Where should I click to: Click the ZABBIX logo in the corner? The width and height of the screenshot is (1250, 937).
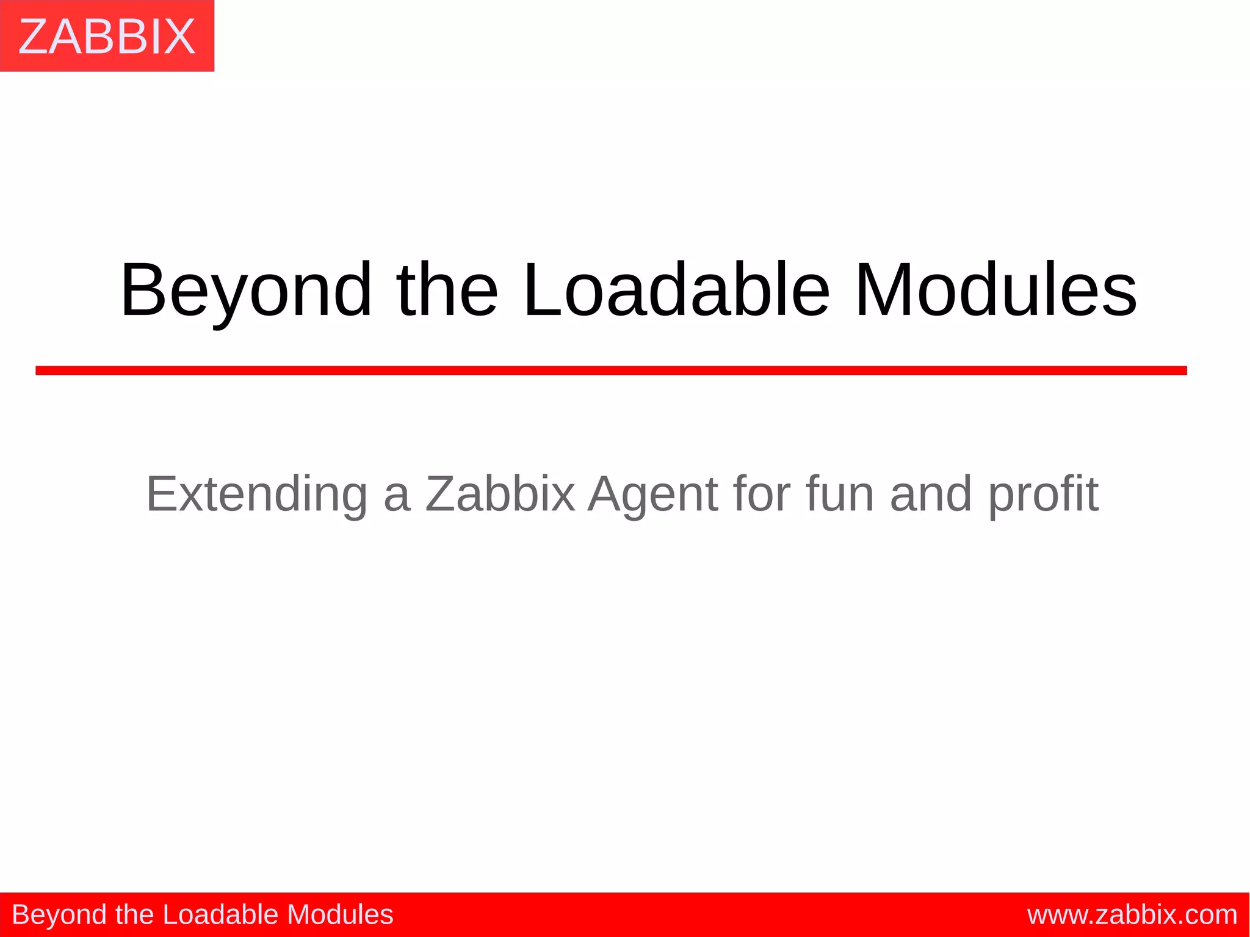click(107, 36)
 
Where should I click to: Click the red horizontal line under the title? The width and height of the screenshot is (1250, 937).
click(610, 371)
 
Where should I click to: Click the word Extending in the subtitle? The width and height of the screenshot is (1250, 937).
click(256, 494)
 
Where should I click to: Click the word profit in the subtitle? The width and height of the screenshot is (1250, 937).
click(1043, 494)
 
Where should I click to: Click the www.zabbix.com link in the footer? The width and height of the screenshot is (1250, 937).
click(1132, 915)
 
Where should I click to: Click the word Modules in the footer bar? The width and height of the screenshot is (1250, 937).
click(340, 914)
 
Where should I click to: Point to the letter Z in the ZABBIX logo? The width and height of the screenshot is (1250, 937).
click(35, 37)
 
